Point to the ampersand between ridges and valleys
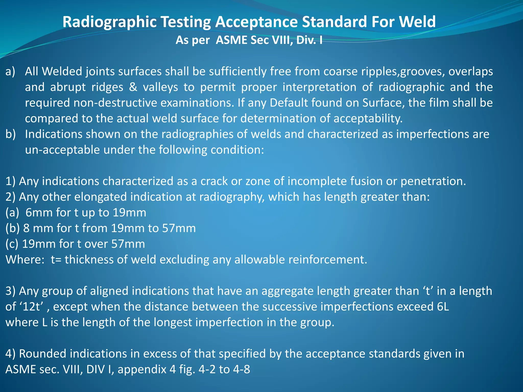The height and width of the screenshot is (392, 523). click(133, 87)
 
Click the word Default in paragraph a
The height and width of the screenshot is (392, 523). click(289, 103)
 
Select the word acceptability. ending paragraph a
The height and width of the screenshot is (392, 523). click(368, 118)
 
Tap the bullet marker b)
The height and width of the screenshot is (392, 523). click(11, 134)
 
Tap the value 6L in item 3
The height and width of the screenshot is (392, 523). click(441, 307)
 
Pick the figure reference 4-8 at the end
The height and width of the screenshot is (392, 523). click(241, 369)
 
